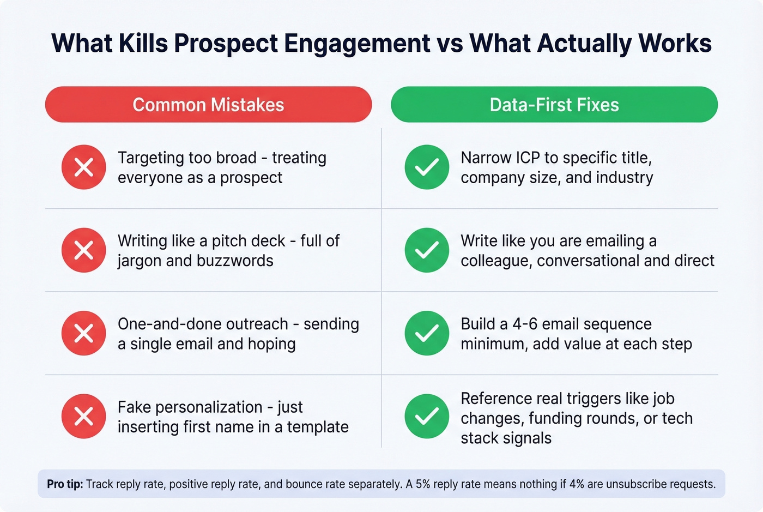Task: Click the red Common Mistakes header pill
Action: click(208, 104)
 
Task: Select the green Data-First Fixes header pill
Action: click(554, 104)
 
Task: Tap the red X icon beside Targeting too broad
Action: click(83, 167)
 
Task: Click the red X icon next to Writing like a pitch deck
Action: click(83, 250)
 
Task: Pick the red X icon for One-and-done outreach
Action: click(83, 333)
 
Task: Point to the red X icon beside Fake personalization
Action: click(83, 417)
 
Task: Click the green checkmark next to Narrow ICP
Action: click(427, 167)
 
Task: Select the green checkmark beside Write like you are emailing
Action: click(427, 250)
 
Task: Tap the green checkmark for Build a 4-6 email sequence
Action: click(427, 333)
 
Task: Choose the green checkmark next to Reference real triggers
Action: click(427, 417)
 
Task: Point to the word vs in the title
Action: click(450, 44)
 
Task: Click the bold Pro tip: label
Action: click(65, 484)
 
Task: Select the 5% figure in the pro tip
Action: click(423, 484)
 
